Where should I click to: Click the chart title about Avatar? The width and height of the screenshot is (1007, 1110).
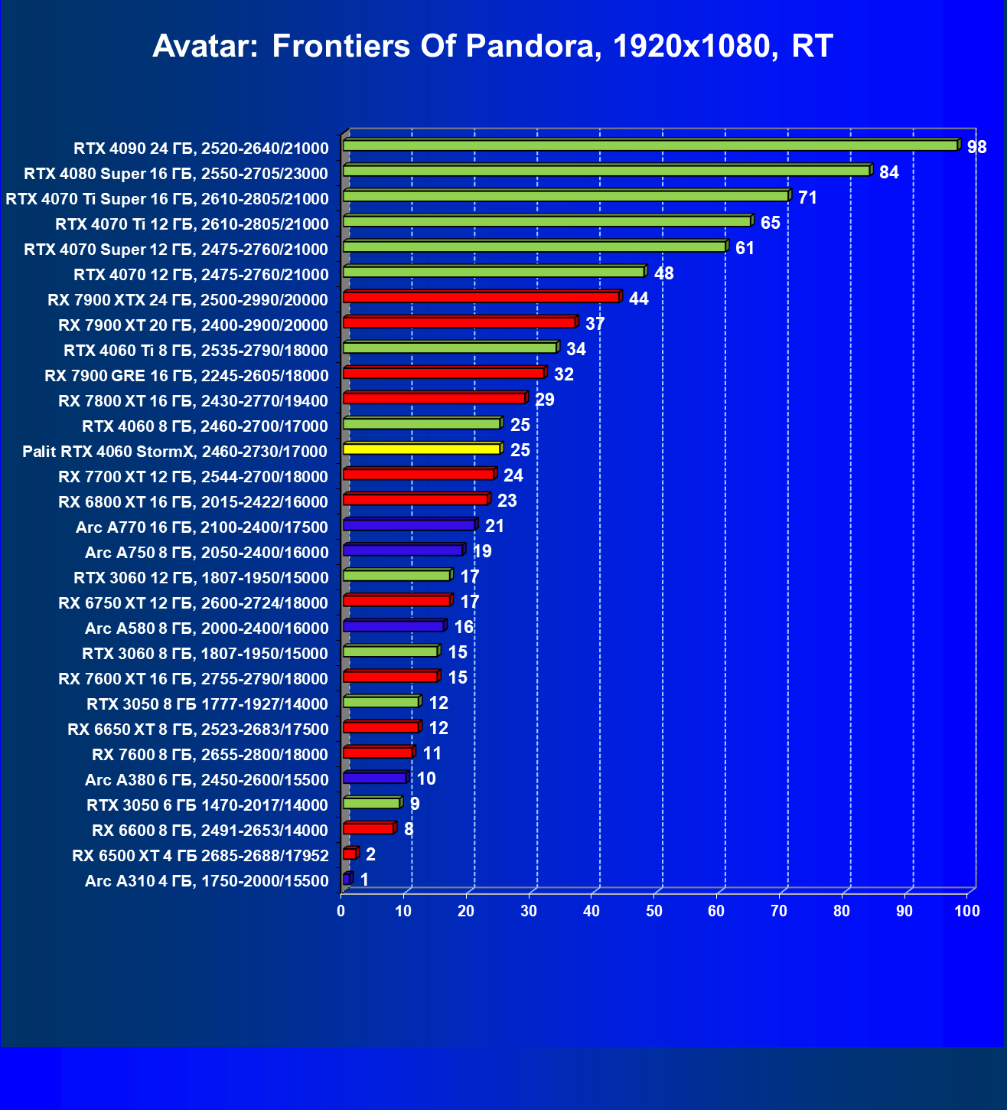pos(493,47)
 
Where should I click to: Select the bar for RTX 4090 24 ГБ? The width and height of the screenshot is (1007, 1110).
pos(650,145)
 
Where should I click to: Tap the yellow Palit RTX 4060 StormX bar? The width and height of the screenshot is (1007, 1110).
pos(422,449)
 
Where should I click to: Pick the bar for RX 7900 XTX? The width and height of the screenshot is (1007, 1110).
pos(481,297)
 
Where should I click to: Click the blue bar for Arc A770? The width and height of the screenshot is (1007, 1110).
pos(409,524)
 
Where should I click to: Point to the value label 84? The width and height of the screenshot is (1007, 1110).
pos(888,172)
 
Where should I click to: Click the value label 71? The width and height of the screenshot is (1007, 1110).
pos(807,198)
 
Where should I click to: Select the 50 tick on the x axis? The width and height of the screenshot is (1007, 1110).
pos(654,911)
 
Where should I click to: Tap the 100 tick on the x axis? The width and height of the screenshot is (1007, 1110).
pos(967,911)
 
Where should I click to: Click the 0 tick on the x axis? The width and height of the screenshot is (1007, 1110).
pos(341,911)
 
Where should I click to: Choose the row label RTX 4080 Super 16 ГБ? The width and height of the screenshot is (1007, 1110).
pos(176,174)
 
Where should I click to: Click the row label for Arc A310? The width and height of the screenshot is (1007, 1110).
pos(207,881)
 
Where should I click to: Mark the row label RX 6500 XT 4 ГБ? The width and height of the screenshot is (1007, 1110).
pos(200,856)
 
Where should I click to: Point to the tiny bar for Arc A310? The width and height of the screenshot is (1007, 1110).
pos(347,879)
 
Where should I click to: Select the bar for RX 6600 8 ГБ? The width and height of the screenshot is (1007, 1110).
pos(369,828)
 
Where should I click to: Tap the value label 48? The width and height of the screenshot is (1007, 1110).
pos(663,273)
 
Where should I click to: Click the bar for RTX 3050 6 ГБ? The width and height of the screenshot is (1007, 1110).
pos(372,803)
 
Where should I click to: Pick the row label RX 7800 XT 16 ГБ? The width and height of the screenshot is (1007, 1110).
pos(193,401)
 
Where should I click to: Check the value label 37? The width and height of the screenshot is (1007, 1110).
pos(595,324)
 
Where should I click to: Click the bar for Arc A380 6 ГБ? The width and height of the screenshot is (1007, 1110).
pos(375,778)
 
